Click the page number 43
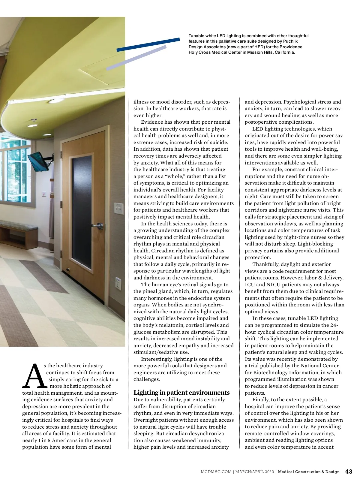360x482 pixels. (349, 471)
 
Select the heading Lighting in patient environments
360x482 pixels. (181, 393)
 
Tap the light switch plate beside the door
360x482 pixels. (118, 209)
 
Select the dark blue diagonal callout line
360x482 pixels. (148, 44)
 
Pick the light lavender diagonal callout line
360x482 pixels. (136, 58)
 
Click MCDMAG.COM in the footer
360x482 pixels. (216, 472)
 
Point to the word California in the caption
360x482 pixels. (284, 52)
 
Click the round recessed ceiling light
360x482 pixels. (54, 101)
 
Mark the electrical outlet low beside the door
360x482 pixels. (118, 282)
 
